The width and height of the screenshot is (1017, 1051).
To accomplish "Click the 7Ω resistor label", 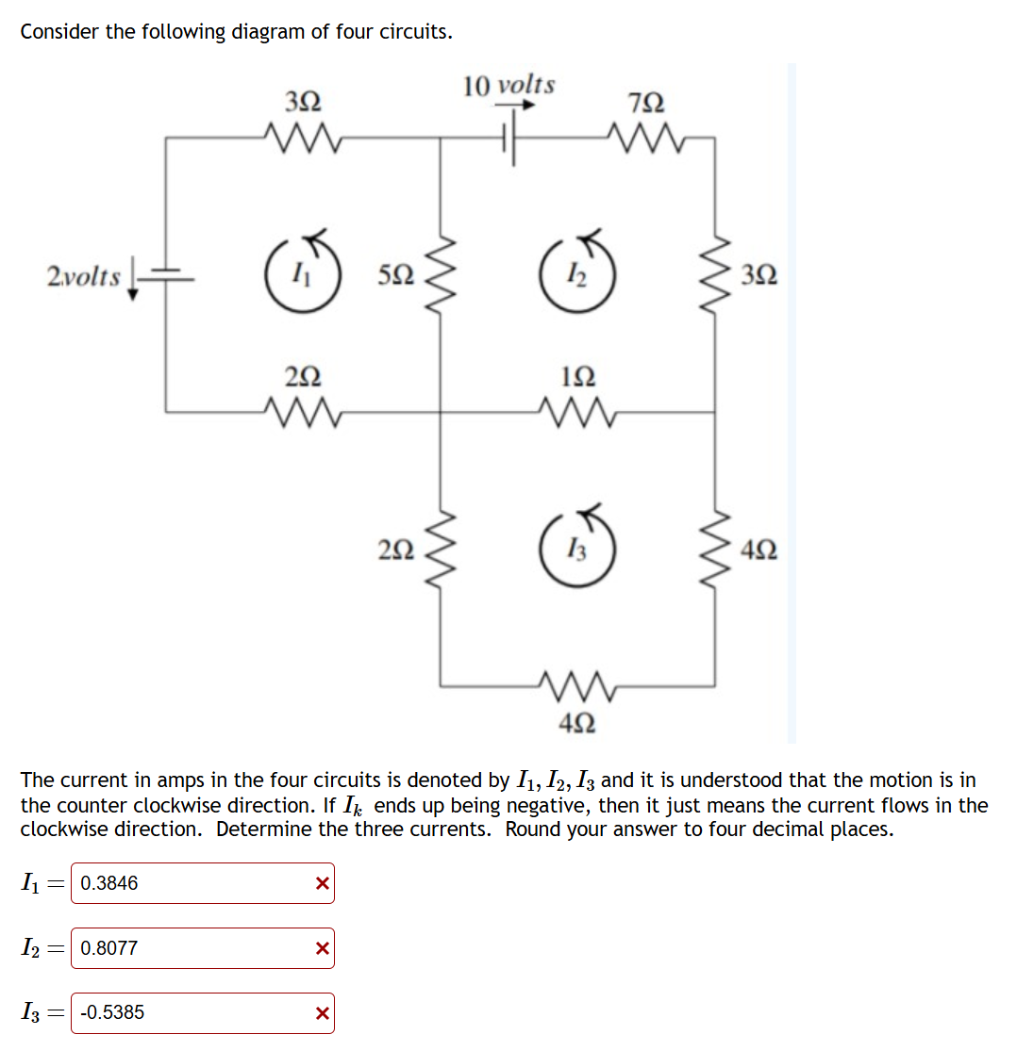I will click(x=651, y=102).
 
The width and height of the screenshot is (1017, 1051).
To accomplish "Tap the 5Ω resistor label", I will click(x=394, y=275).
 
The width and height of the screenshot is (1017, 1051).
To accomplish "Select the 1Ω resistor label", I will click(x=576, y=377).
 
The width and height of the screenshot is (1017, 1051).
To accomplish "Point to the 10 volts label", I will click(x=508, y=85).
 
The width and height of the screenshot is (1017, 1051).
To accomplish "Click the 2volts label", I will click(x=84, y=277).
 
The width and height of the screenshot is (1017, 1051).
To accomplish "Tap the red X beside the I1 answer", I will click(x=322, y=883).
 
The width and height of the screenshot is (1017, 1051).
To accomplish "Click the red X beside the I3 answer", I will click(x=322, y=1013).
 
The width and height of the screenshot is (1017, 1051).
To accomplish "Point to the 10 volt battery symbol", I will click(x=510, y=138).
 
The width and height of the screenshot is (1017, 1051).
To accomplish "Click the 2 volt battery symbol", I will click(x=166, y=275).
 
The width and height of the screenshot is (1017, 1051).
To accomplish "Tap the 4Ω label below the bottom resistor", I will click(x=576, y=723).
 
